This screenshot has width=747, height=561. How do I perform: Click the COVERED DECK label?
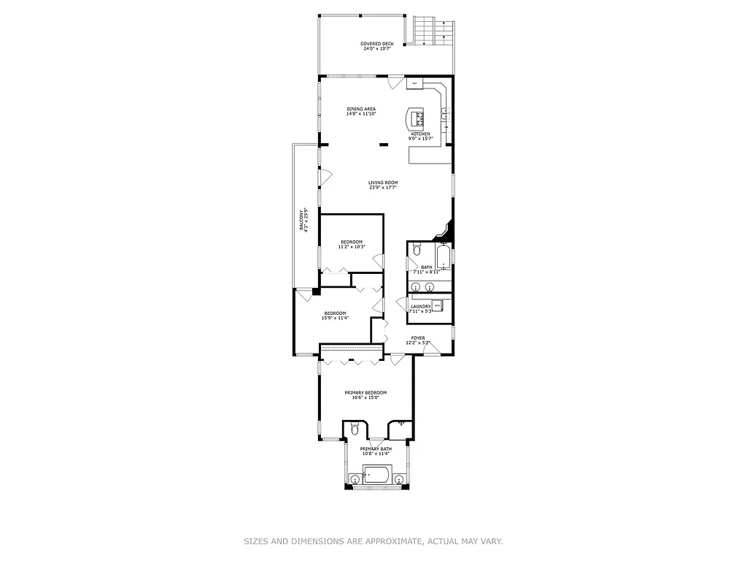377,44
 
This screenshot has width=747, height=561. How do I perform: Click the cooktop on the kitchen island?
417,117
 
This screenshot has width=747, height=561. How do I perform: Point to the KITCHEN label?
420,134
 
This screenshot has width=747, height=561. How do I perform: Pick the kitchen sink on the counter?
444,113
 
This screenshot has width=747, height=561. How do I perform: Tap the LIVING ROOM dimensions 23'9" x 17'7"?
382,188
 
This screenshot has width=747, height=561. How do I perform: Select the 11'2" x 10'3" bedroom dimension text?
351,247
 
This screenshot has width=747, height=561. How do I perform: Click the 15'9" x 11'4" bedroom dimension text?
335,318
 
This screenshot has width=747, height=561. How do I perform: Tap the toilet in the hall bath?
416,250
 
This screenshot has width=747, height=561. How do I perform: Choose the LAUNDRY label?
420,307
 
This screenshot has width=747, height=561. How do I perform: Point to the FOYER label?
417,337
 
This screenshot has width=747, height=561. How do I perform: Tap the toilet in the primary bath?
354,429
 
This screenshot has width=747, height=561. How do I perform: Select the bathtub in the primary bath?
376,476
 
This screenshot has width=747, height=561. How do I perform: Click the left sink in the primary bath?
355,479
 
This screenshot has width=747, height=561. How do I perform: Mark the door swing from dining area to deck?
395,83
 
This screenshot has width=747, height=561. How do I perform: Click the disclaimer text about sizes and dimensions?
373,541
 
